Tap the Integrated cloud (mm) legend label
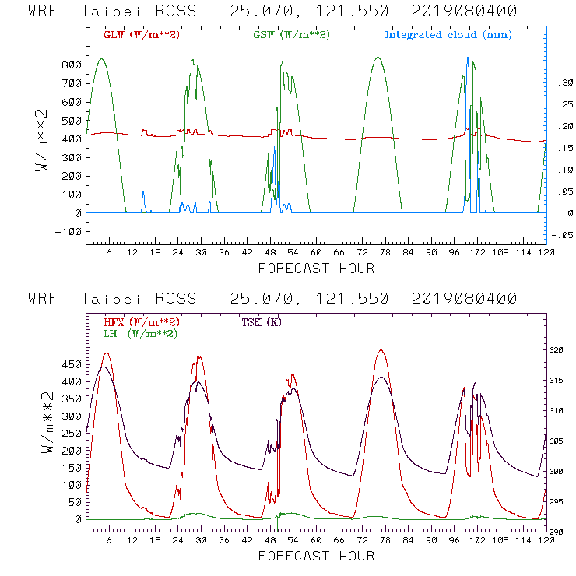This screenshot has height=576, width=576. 448,35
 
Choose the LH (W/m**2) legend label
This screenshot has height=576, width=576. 140,333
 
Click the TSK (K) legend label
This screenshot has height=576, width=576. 263,322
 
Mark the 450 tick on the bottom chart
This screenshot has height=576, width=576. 73,364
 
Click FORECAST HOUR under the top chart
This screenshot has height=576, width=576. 316,269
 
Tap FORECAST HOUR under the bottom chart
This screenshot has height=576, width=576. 316,556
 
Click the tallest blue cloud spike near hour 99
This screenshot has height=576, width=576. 467,59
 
